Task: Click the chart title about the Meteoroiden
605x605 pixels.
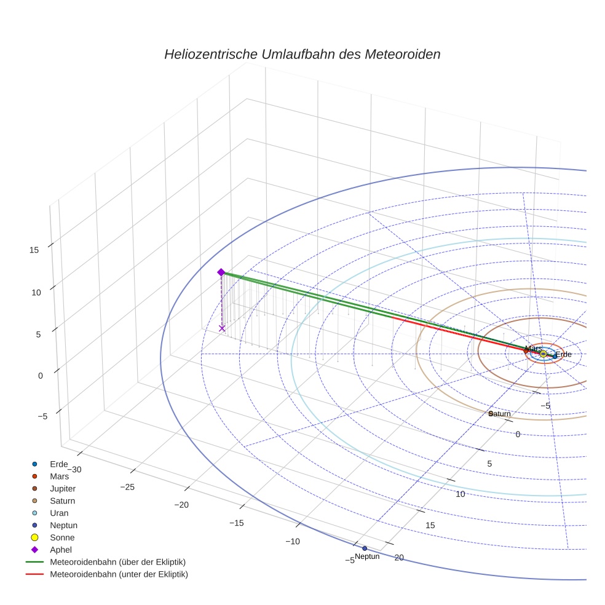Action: pos(302,54)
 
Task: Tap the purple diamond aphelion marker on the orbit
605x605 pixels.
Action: pos(221,272)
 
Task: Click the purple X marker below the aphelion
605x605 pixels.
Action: pos(222,328)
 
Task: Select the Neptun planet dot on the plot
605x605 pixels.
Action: pos(365,548)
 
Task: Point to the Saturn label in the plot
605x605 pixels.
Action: pos(500,414)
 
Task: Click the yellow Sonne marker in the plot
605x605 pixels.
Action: pos(543,354)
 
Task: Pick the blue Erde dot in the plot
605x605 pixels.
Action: pos(555,356)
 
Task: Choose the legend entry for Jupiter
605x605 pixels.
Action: pos(63,488)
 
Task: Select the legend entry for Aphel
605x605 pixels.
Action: pos(61,550)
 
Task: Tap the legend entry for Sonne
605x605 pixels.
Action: pos(62,537)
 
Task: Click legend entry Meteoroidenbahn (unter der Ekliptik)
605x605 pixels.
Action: pos(119,574)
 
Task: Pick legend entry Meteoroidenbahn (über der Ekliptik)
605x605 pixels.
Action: pos(117,562)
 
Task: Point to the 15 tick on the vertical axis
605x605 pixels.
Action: pos(35,250)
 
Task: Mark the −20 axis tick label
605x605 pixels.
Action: pos(182,505)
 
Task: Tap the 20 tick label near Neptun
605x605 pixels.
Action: pos(399,558)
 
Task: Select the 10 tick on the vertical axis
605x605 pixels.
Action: pos(36,293)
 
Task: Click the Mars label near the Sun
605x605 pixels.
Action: pos(533,349)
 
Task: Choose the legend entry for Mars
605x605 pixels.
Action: pos(59,476)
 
